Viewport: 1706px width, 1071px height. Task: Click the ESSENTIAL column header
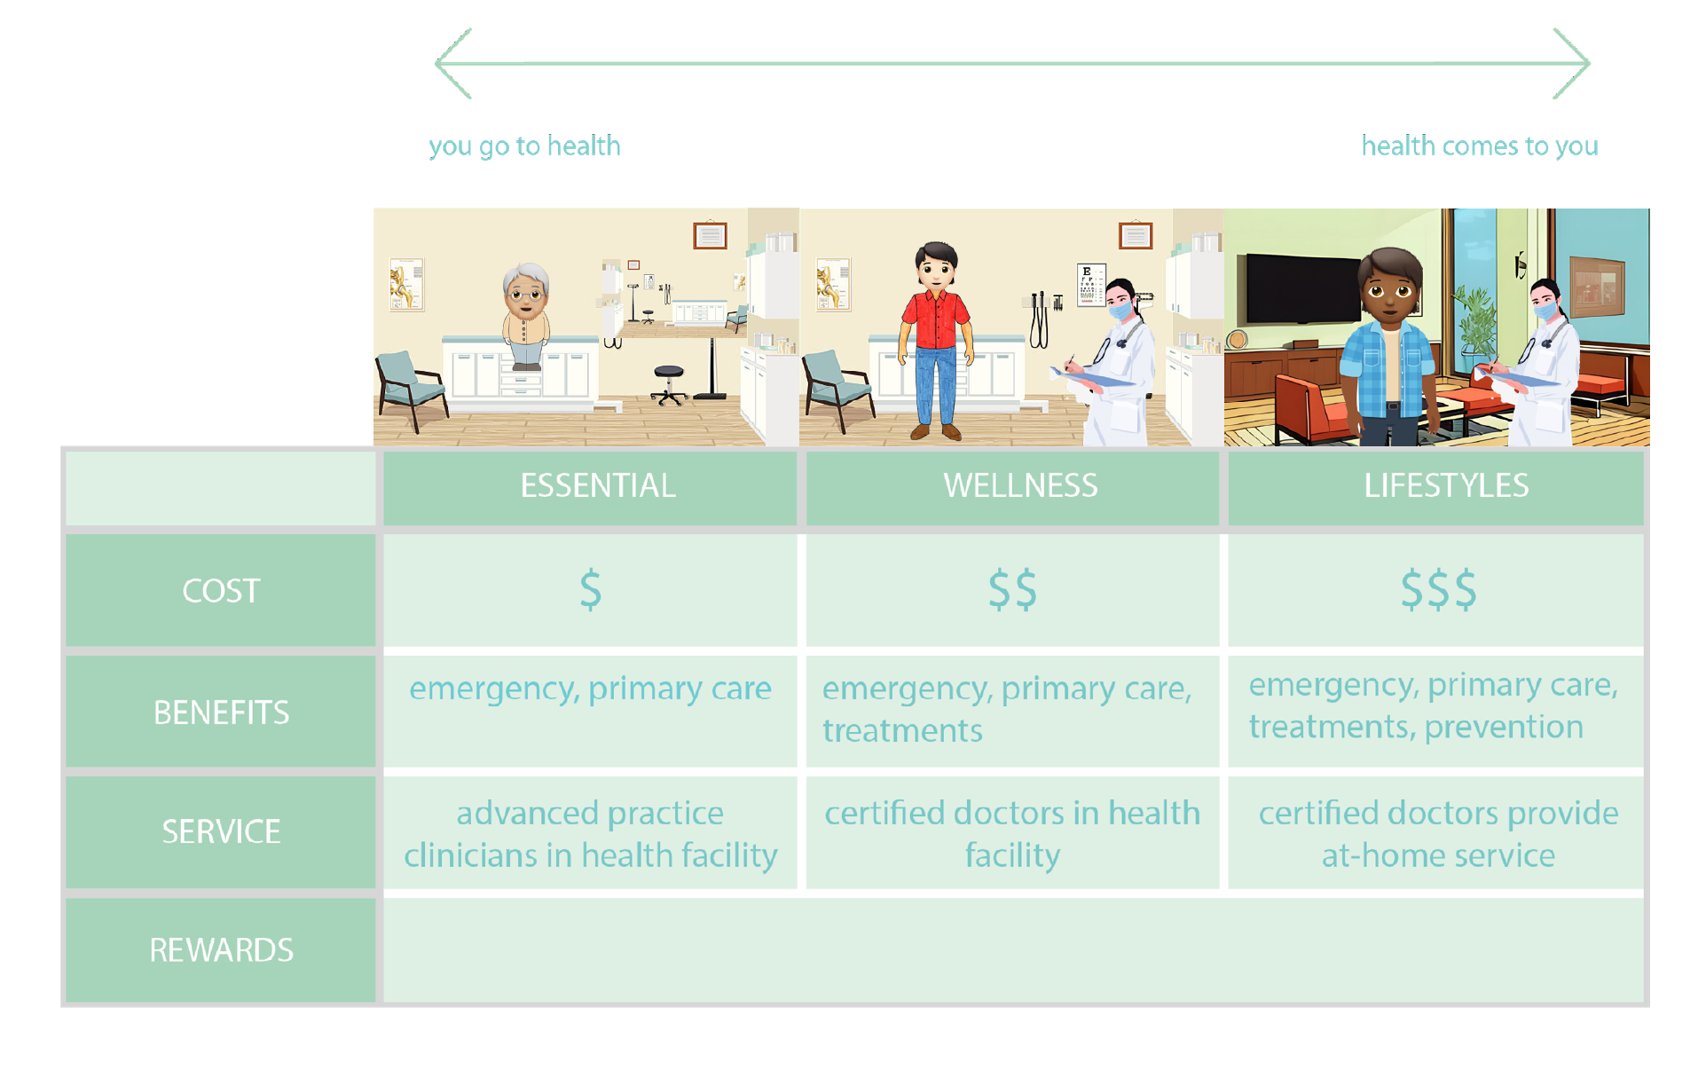point(598,485)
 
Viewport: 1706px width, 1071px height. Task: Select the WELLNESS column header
point(1020,485)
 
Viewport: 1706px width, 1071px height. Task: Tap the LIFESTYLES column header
point(1446,485)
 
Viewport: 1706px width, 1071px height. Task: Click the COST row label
point(221,591)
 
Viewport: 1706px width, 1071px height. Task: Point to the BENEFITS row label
point(221,713)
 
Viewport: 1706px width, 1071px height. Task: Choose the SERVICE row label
point(221,831)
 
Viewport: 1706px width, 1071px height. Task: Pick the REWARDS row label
point(221,950)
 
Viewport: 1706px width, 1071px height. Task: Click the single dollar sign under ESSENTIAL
point(591,590)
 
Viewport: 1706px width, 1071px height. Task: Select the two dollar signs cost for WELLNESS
point(1012,590)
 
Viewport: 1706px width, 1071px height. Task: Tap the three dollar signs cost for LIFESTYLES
point(1438,590)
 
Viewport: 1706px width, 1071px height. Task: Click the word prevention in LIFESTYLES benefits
point(1504,728)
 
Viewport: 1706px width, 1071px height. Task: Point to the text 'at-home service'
point(1438,855)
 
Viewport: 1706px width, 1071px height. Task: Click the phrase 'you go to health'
point(524,146)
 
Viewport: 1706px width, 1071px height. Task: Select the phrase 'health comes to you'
point(1480,146)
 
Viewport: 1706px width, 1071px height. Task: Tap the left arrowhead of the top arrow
point(436,63)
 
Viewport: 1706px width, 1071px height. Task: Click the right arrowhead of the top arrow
point(1588,63)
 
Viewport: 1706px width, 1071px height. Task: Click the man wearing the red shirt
point(936,341)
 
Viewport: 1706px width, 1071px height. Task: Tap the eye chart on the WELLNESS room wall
point(1091,286)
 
